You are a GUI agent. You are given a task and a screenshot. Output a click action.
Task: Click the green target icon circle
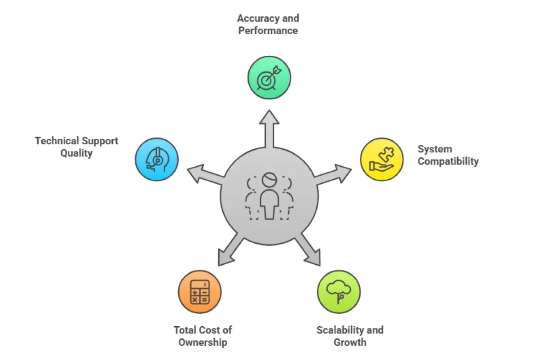(269, 77)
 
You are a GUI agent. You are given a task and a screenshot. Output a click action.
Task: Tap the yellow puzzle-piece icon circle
(382, 159)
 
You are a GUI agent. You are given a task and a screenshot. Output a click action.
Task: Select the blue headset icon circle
(157, 160)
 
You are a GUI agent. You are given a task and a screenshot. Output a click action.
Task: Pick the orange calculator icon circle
(200, 292)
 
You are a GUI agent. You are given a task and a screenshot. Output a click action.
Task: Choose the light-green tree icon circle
(339, 292)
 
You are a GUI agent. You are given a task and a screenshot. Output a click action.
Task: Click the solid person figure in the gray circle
(269, 198)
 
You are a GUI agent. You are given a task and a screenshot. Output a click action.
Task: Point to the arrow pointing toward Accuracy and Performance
(269, 128)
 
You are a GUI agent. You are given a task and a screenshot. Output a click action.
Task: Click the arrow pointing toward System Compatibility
(335, 174)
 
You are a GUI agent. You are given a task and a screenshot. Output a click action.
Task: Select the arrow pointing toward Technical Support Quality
(204, 174)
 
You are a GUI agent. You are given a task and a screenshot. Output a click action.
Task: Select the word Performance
(268, 31)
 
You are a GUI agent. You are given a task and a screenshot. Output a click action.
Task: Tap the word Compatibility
(448, 161)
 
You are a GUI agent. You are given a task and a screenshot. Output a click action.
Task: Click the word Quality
(76, 153)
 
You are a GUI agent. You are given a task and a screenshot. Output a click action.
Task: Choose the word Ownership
(203, 342)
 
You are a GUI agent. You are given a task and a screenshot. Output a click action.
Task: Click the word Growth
(350, 342)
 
